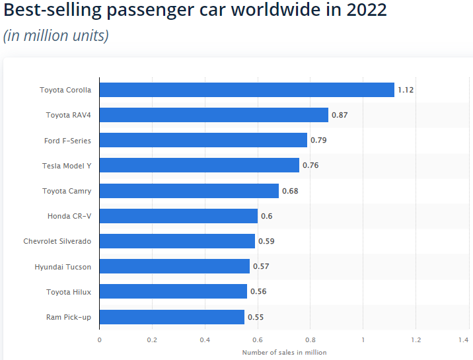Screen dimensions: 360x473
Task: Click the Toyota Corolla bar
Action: pyautogui.click(x=246, y=90)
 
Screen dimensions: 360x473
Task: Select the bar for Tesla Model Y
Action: pyautogui.click(x=199, y=165)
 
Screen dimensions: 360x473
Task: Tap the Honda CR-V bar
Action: pyautogui.click(x=178, y=216)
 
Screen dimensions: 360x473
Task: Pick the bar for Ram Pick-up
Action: pyautogui.click(x=172, y=317)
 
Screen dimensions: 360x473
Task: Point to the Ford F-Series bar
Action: pyautogui.click(x=203, y=140)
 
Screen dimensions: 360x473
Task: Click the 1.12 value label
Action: pyautogui.click(x=406, y=90)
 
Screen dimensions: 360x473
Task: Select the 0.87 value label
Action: pyautogui.click(x=340, y=115)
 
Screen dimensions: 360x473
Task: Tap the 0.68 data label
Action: pyautogui.click(x=290, y=191)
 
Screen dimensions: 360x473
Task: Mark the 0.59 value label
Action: pyautogui.click(x=266, y=241)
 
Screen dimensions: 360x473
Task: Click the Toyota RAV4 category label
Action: pyautogui.click(x=69, y=115)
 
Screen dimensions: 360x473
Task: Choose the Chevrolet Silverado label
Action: pyautogui.click(x=57, y=241)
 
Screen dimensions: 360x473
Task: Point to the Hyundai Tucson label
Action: pyautogui.click(x=63, y=267)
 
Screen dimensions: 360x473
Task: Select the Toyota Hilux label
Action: pyautogui.click(x=69, y=292)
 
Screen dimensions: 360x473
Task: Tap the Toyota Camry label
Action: pyautogui.click(x=67, y=191)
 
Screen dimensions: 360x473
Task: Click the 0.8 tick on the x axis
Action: pyautogui.click(x=310, y=340)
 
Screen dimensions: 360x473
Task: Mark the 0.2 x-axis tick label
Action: pyautogui.click(x=152, y=340)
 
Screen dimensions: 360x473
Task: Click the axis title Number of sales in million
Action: pyautogui.click(x=284, y=352)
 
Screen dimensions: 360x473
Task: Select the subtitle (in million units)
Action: pyautogui.click(x=55, y=36)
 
